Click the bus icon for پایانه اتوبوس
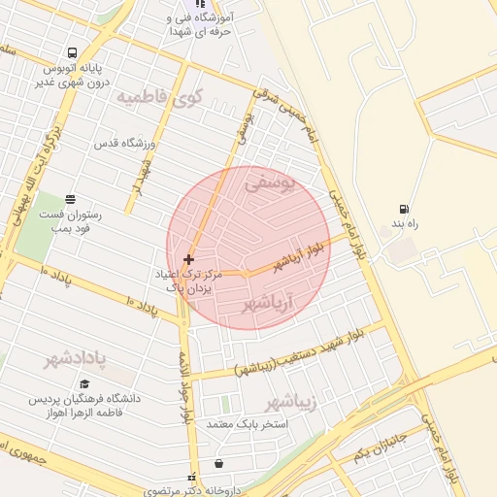click(x=73, y=53)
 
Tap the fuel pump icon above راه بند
click(x=404, y=209)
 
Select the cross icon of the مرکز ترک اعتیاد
click(x=188, y=259)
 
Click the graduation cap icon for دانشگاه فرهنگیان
click(x=86, y=383)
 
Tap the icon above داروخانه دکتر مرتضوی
click(x=217, y=464)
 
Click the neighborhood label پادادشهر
click(x=75, y=360)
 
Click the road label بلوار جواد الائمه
click(x=182, y=388)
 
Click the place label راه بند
click(x=404, y=224)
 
